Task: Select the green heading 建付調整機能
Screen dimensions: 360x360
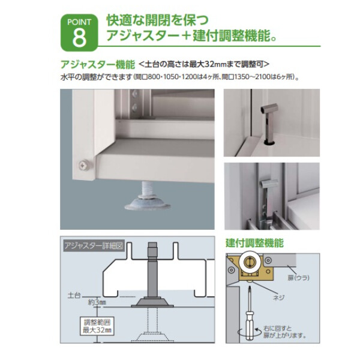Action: (255, 243)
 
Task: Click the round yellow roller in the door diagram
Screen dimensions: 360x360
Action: (247, 263)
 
